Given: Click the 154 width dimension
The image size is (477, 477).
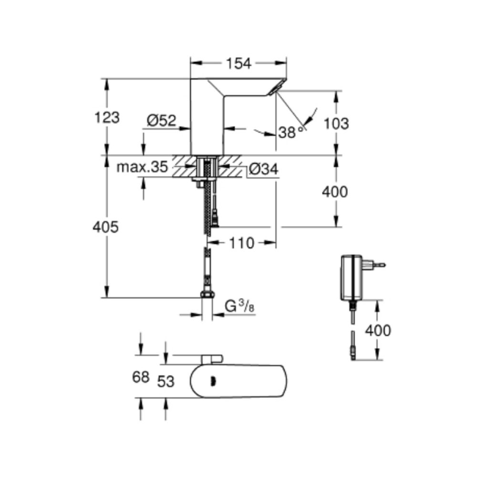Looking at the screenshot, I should coord(238,63).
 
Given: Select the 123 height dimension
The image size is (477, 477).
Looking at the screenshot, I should coord(107,117).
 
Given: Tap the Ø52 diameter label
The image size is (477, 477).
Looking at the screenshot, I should coord(161,121).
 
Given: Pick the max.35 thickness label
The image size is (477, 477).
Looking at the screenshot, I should coord(143,167).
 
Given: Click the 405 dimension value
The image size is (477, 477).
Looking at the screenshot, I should coord(105,227).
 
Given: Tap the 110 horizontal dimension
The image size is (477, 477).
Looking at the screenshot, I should coord(241,243).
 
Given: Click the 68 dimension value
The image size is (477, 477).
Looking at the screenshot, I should coord(141,377).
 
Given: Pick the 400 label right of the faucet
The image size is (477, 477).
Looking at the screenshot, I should coord(335,192).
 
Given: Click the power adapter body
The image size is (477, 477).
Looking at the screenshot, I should coord(352,277).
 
